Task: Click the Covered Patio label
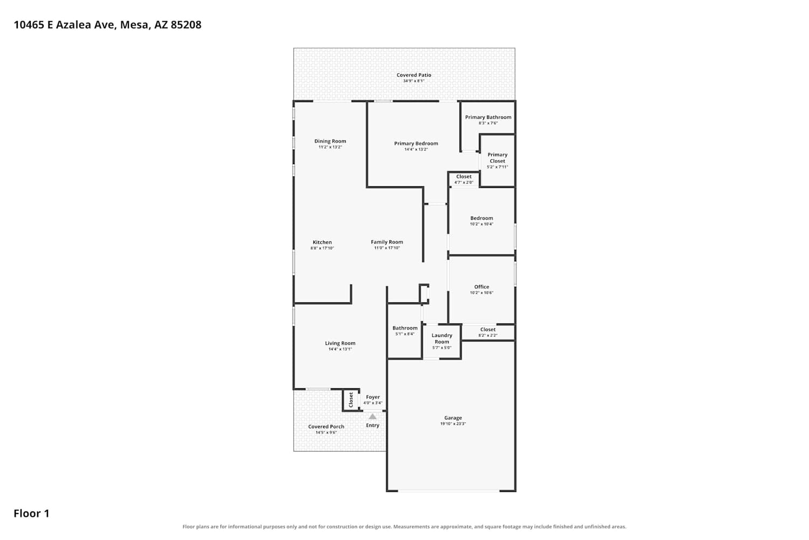point(414,75)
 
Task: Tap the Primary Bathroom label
point(488,117)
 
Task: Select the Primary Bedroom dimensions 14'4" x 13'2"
point(416,150)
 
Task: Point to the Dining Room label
point(330,141)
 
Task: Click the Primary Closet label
point(497,158)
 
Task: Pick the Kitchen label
point(322,242)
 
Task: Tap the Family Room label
point(387,242)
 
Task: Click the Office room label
point(482,287)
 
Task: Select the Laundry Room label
point(442,339)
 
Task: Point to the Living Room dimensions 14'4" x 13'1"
point(340,349)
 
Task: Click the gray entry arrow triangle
point(372,417)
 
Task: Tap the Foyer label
point(373,397)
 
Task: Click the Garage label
point(453,418)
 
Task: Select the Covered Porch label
point(326,427)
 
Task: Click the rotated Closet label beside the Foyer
point(351,400)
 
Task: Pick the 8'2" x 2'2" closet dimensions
point(488,335)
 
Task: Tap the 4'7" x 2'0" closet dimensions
point(464,183)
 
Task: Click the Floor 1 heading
point(31,514)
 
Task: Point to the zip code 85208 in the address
point(186,25)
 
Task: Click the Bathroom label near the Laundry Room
point(405,328)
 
